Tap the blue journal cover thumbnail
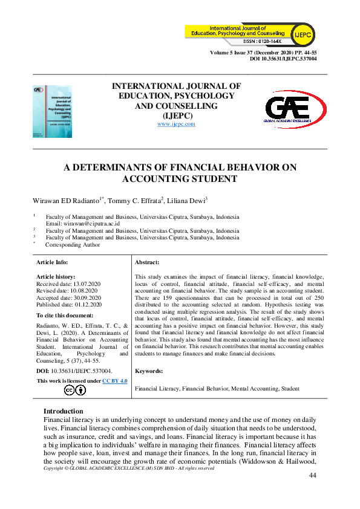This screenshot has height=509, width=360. tap(52, 111)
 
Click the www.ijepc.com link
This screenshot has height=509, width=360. tap(176, 124)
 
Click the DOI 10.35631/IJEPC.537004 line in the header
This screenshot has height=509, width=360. tap(283, 59)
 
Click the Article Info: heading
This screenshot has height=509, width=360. tap(53, 262)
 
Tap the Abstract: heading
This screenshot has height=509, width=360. tap(147, 262)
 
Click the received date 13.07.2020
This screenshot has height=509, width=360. tap(87, 284)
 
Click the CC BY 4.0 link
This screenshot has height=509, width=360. tap(114, 381)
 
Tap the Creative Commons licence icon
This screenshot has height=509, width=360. tap(76, 390)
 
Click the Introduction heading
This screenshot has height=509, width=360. tap(64, 411)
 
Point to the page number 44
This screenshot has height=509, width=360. tap(313, 475)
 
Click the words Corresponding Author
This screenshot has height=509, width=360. tap(73, 245)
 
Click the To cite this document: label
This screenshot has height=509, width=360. tap(65, 316)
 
